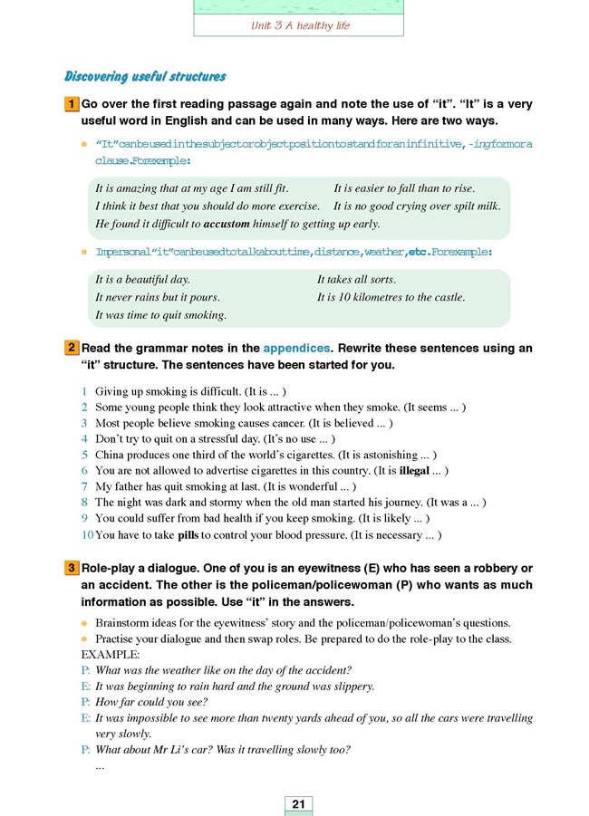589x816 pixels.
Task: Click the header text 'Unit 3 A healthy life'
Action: pos(300,26)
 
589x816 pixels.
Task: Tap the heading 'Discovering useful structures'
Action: pos(145,77)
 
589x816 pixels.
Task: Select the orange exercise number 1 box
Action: pos(71,104)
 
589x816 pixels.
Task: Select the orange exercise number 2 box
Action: pos(71,348)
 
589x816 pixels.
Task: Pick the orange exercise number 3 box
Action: pos(71,568)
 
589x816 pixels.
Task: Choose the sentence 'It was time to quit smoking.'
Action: pos(160,315)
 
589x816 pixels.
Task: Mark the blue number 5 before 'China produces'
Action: pos(84,455)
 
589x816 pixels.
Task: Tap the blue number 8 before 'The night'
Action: pos(84,504)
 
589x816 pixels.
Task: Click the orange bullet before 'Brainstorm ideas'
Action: pos(84,623)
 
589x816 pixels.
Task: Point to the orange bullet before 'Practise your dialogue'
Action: pos(84,639)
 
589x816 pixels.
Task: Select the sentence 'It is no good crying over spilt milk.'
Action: pos(416,206)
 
